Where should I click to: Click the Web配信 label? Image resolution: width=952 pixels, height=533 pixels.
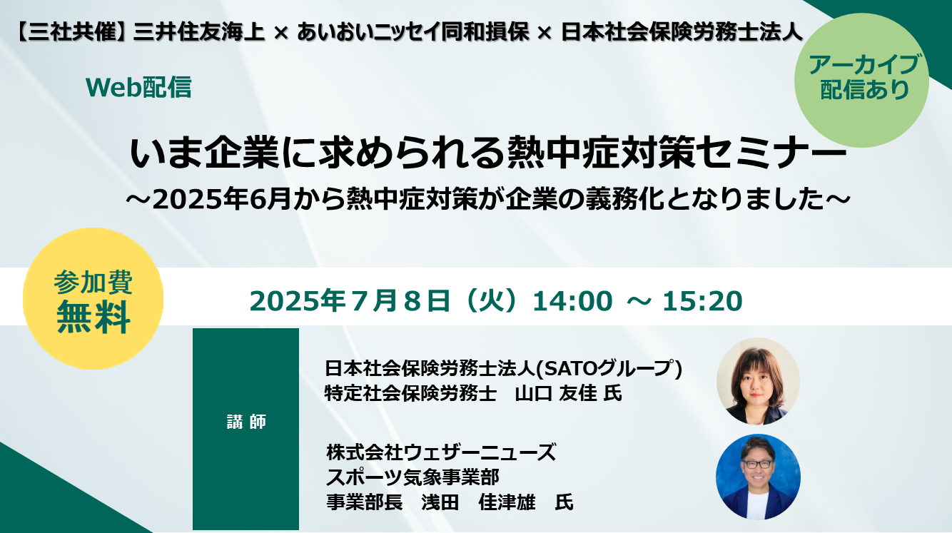(x=138, y=88)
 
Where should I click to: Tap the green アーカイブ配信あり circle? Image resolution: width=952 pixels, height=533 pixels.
(x=861, y=81)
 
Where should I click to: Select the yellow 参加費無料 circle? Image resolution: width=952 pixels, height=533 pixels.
(x=93, y=298)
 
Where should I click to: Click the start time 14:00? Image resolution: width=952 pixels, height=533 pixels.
(x=572, y=301)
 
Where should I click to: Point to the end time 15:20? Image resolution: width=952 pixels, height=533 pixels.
(x=702, y=301)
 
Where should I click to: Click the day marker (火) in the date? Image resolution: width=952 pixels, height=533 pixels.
(x=491, y=301)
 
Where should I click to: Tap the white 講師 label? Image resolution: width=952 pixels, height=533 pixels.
(x=246, y=422)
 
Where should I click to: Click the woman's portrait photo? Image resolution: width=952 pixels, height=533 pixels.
(x=758, y=381)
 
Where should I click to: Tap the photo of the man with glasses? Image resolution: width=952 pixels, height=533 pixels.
(x=758, y=477)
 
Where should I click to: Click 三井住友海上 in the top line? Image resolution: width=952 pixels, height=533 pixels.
(x=199, y=32)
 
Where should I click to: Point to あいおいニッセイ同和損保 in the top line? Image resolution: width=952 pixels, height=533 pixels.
(x=412, y=32)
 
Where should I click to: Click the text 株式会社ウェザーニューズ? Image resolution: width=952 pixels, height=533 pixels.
(x=441, y=452)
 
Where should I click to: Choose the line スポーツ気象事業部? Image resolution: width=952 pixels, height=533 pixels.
(x=412, y=477)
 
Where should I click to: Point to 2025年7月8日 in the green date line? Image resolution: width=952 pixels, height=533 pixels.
(x=350, y=301)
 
